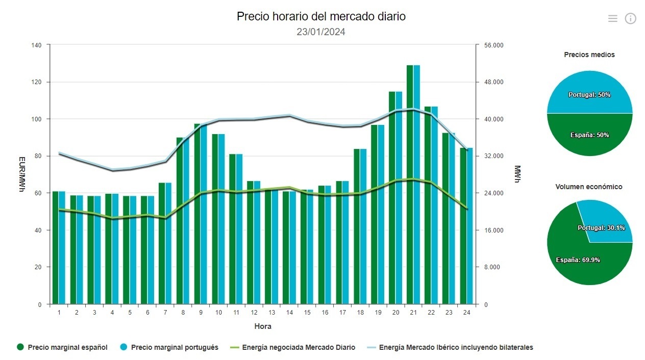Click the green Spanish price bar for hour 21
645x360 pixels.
click(410, 184)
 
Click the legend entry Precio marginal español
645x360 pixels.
click(62, 347)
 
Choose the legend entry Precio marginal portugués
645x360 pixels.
click(169, 347)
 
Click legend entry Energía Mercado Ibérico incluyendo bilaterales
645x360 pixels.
click(450, 347)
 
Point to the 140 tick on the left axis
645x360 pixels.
click(36, 45)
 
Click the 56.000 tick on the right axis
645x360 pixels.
click(494, 45)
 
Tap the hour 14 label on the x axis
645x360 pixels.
click(289, 313)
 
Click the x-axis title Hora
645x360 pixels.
click(263, 326)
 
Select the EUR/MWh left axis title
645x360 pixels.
click(21, 174)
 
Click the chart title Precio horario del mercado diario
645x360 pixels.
click(321, 16)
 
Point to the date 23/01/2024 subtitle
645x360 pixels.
click(321, 32)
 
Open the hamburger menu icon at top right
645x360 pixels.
click(613, 19)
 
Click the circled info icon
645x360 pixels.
click(631, 19)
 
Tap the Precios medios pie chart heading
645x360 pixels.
click(589, 55)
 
